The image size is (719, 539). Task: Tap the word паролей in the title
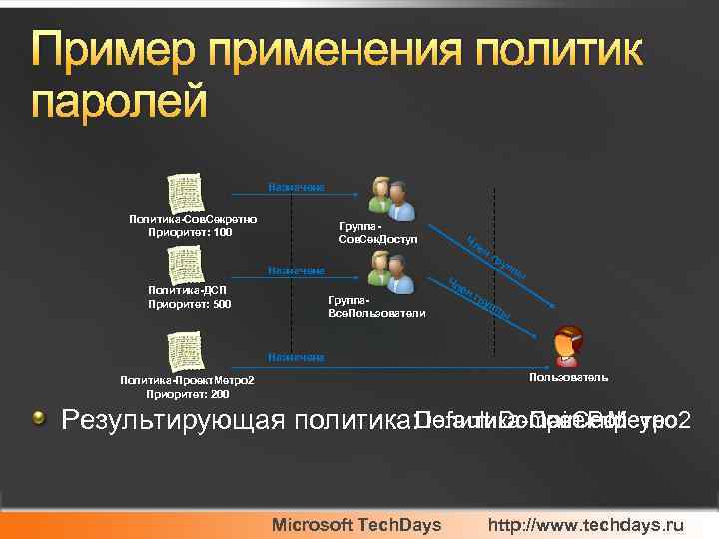point(119,102)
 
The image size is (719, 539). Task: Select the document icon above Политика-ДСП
point(186,265)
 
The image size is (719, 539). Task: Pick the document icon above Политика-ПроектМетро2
point(186,352)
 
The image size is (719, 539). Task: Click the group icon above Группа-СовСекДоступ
point(386,198)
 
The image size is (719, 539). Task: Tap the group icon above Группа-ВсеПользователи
point(386,271)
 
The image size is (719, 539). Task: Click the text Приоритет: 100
point(190,233)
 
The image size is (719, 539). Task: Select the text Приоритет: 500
point(190,304)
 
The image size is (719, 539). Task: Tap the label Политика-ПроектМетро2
point(187,380)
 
